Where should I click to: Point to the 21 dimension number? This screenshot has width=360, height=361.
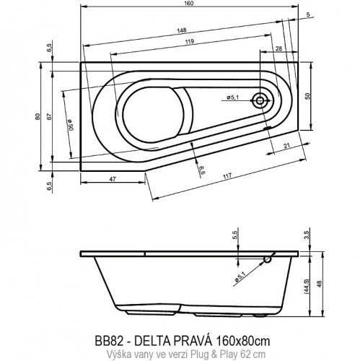click(286, 147)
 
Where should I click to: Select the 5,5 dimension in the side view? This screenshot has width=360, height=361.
click(235, 236)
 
